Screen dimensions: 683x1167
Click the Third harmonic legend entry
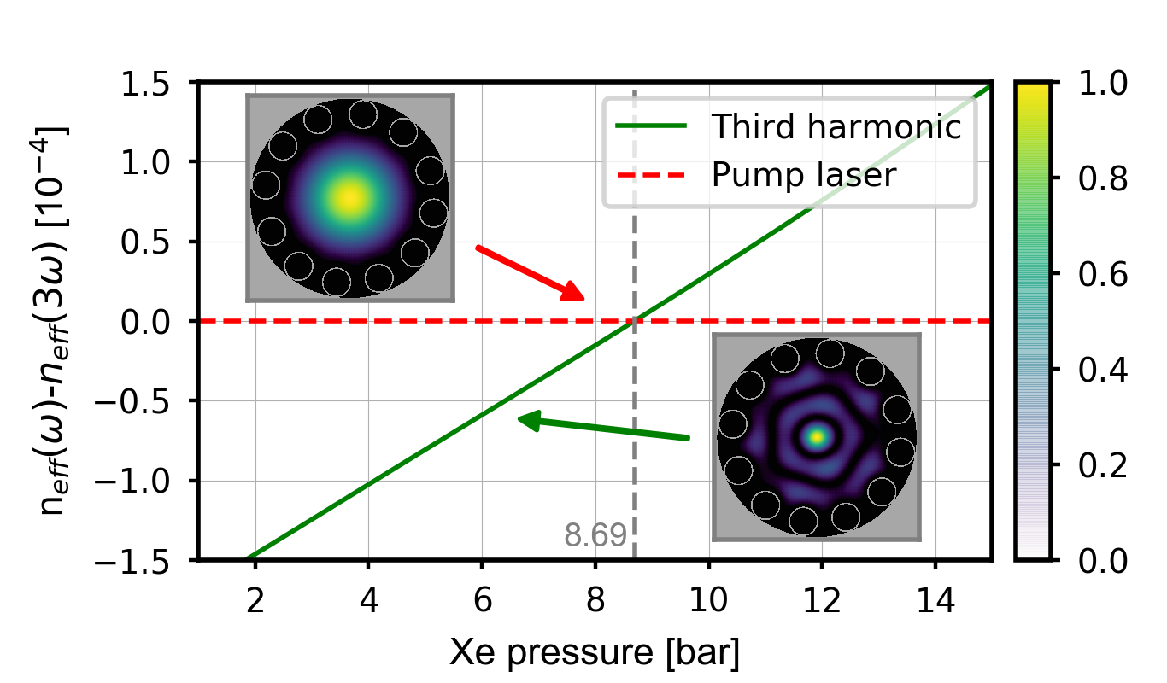(836, 127)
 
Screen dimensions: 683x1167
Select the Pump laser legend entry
(804, 175)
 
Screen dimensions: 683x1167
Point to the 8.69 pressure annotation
(595, 535)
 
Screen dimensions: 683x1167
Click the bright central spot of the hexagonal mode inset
(818, 436)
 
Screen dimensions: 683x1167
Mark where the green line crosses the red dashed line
(634, 321)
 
